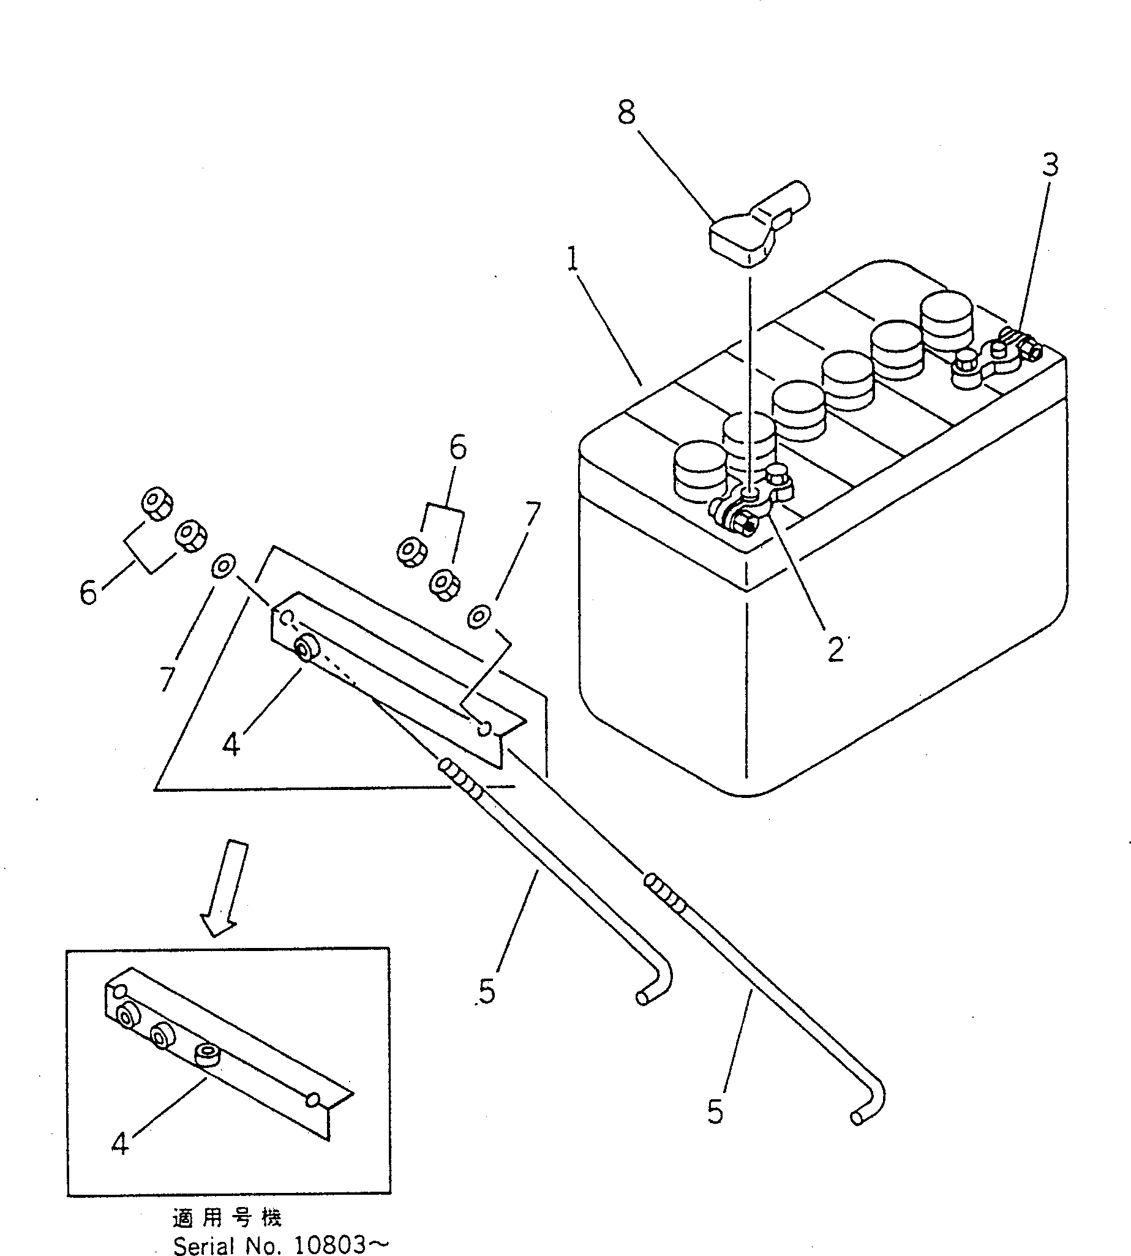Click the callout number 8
(626, 113)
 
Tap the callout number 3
(1049, 165)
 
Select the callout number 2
(835, 650)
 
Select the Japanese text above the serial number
(227, 1217)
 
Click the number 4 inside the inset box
(121, 1142)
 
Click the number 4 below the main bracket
(231, 743)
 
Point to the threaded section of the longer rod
(666, 893)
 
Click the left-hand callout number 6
(88, 592)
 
